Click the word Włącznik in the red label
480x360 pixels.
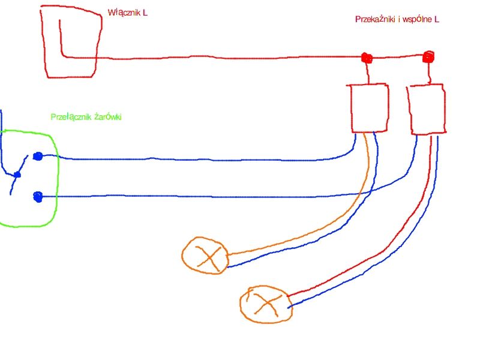click(124, 13)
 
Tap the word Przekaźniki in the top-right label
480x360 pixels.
click(376, 19)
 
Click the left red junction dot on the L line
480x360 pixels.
click(367, 58)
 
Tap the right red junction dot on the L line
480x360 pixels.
click(428, 57)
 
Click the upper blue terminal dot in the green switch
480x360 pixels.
click(38, 157)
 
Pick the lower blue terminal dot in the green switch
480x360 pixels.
click(38, 197)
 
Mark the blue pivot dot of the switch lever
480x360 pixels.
click(17, 175)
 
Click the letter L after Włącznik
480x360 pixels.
click(145, 13)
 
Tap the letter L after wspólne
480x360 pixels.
click(437, 19)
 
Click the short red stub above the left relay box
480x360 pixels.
click(368, 73)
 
